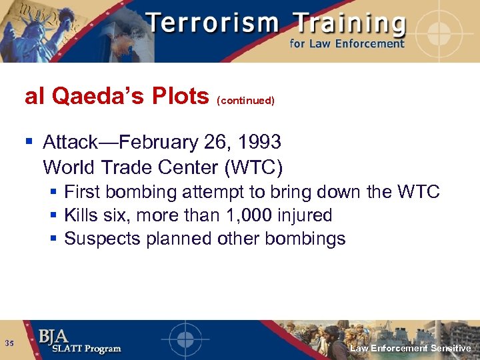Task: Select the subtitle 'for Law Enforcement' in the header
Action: [347, 45]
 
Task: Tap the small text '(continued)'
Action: [245, 101]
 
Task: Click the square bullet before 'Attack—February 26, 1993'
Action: [29, 142]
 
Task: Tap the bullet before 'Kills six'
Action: [54, 215]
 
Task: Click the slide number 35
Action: [9, 343]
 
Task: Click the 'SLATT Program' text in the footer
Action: [80, 349]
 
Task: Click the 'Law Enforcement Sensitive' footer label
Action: [410, 349]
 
